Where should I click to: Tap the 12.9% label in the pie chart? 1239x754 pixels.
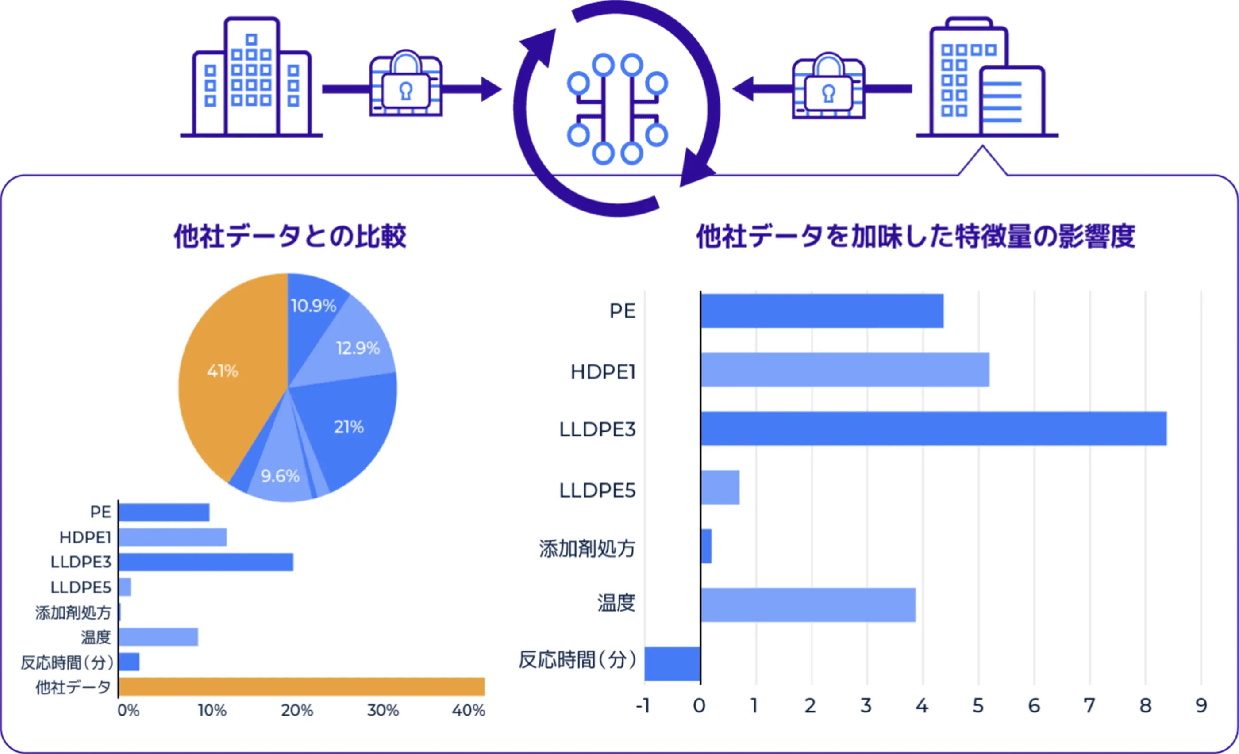358,348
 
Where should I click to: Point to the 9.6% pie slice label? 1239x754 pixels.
280,476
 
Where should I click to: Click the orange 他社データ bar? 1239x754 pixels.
302,687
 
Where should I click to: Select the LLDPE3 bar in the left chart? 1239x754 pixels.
206,562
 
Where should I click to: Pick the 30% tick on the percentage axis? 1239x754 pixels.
383,711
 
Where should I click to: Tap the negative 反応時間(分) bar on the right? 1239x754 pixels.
672,663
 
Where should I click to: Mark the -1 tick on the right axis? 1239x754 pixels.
643,706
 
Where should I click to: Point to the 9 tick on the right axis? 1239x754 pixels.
1201,706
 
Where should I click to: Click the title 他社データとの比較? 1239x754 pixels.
290,236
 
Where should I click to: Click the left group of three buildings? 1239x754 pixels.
251,78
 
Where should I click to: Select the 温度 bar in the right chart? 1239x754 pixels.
808,605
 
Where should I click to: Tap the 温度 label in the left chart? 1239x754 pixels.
96,637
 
